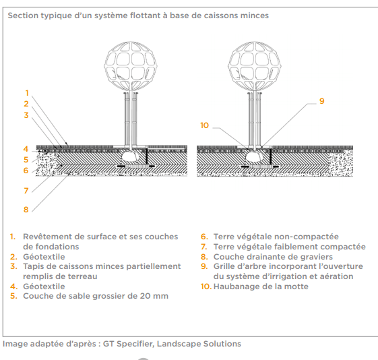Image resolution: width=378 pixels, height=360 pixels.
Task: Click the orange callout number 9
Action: click(x=321, y=101)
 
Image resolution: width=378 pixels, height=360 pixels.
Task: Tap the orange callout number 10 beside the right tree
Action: click(x=204, y=125)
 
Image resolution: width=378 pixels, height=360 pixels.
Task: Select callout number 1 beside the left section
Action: click(x=27, y=93)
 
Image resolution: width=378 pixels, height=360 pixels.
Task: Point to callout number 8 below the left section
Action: click(x=26, y=210)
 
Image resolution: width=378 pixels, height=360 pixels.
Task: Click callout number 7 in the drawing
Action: click(x=26, y=191)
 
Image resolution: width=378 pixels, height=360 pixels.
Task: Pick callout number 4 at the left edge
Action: click(x=26, y=149)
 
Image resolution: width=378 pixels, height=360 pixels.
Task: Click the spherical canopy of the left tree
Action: click(x=131, y=66)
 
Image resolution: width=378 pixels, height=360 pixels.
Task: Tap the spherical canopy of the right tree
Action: click(x=254, y=66)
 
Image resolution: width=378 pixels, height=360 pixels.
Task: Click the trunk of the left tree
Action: click(x=131, y=119)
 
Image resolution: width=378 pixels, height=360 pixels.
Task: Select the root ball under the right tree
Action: click(x=253, y=156)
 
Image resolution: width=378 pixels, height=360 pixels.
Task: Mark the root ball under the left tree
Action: click(x=129, y=156)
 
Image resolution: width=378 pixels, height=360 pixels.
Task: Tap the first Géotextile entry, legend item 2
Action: click(x=44, y=257)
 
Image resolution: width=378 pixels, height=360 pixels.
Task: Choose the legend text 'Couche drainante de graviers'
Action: click(x=273, y=257)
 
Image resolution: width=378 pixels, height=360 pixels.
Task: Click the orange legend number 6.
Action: click(x=204, y=237)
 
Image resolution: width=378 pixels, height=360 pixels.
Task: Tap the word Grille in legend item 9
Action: click(x=223, y=266)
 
